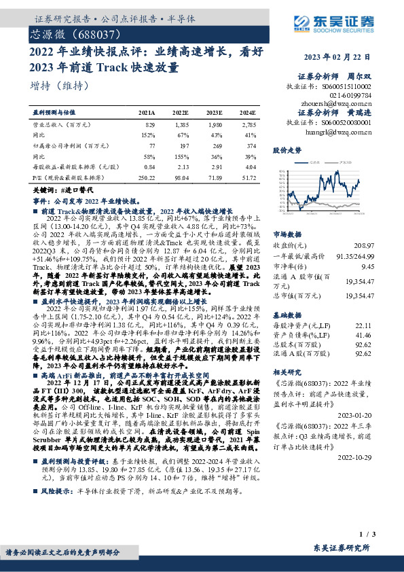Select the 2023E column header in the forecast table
pyautogui.click(x=214, y=112)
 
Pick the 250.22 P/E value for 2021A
pyautogui.click(x=146, y=177)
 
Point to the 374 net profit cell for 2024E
pyautogui.click(x=250, y=145)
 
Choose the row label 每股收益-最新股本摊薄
pyautogui.click(x=69, y=166)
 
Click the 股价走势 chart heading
pyautogui.click(x=287, y=149)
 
